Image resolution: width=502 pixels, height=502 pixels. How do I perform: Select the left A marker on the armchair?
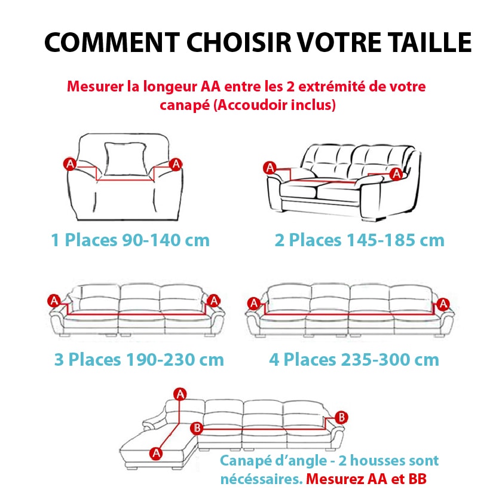(x=70, y=164)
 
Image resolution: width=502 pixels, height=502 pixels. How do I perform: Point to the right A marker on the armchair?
(x=176, y=164)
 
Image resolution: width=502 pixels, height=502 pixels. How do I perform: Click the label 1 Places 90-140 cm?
(x=130, y=240)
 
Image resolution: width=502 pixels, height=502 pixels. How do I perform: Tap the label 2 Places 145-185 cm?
(x=360, y=240)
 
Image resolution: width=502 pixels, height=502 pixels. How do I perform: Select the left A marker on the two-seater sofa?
(x=270, y=168)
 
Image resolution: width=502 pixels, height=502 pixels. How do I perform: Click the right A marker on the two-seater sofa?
(x=396, y=173)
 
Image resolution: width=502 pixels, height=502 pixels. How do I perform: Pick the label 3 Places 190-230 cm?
(x=139, y=360)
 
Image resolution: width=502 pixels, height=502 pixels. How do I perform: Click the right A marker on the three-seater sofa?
(x=214, y=300)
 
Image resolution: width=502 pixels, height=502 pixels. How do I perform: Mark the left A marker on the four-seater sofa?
(x=253, y=304)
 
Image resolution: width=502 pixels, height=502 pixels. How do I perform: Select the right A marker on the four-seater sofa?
(x=443, y=304)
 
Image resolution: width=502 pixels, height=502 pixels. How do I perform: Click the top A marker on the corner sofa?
(x=179, y=393)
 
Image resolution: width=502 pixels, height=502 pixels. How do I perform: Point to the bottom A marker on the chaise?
(x=157, y=453)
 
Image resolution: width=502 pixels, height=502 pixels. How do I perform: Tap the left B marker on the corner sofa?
(x=198, y=428)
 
